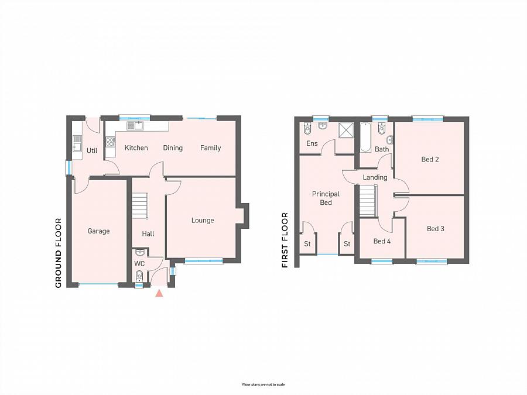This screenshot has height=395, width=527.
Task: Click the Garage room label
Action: (98, 231)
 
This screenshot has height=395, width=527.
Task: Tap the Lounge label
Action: (203, 221)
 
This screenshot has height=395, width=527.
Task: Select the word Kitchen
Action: (136, 148)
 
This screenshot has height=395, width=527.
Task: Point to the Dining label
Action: (173, 148)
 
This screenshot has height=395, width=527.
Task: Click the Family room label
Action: (210, 148)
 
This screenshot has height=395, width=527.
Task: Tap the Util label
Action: (92, 150)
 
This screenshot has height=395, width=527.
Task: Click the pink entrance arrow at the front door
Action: (159, 294)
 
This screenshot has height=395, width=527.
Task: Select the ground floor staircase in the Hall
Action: (139, 205)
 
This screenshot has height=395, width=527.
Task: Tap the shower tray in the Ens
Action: (346, 130)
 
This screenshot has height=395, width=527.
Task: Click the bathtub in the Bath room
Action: (365, 138)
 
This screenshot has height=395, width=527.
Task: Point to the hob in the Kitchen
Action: (110, 142)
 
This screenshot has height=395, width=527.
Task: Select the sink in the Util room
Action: (77, 143)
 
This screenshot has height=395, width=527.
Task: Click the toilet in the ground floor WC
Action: (139, 276)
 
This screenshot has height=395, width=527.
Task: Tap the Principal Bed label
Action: (326, 198)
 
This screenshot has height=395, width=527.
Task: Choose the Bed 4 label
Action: (382, 241)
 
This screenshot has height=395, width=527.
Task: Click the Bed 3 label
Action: (435, 229)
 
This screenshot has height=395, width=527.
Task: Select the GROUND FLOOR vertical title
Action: (59, 253)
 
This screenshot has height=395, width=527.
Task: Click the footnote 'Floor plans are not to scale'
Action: (263, 384)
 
